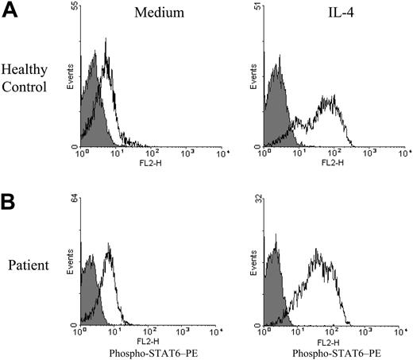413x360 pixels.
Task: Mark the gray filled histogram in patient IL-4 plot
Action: coord(276,294)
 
